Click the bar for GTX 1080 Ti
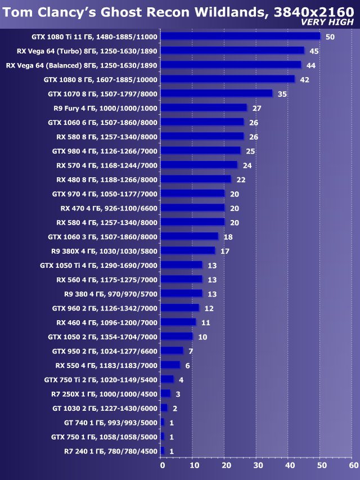point(240,37)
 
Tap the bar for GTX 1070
point(217,93)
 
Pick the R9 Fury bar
point(204,107)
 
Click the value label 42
point(304,79)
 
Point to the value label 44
point(310,65)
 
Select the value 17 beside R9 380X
point(224,251)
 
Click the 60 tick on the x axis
point(353,465)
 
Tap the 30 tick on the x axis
point(258,465)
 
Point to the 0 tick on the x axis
point(162,465)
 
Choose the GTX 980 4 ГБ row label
point(105,151)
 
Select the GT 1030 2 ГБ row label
point(105,408)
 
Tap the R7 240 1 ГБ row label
point(111,451)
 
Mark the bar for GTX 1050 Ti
point(181,265)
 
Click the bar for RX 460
point(178,322)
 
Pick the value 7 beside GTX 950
point(191,351)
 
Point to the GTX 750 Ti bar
point(167,379)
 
